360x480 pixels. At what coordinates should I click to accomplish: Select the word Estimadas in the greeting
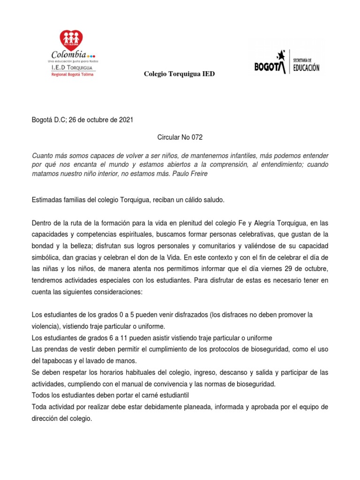pyautogui.click(x=46, y=200)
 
